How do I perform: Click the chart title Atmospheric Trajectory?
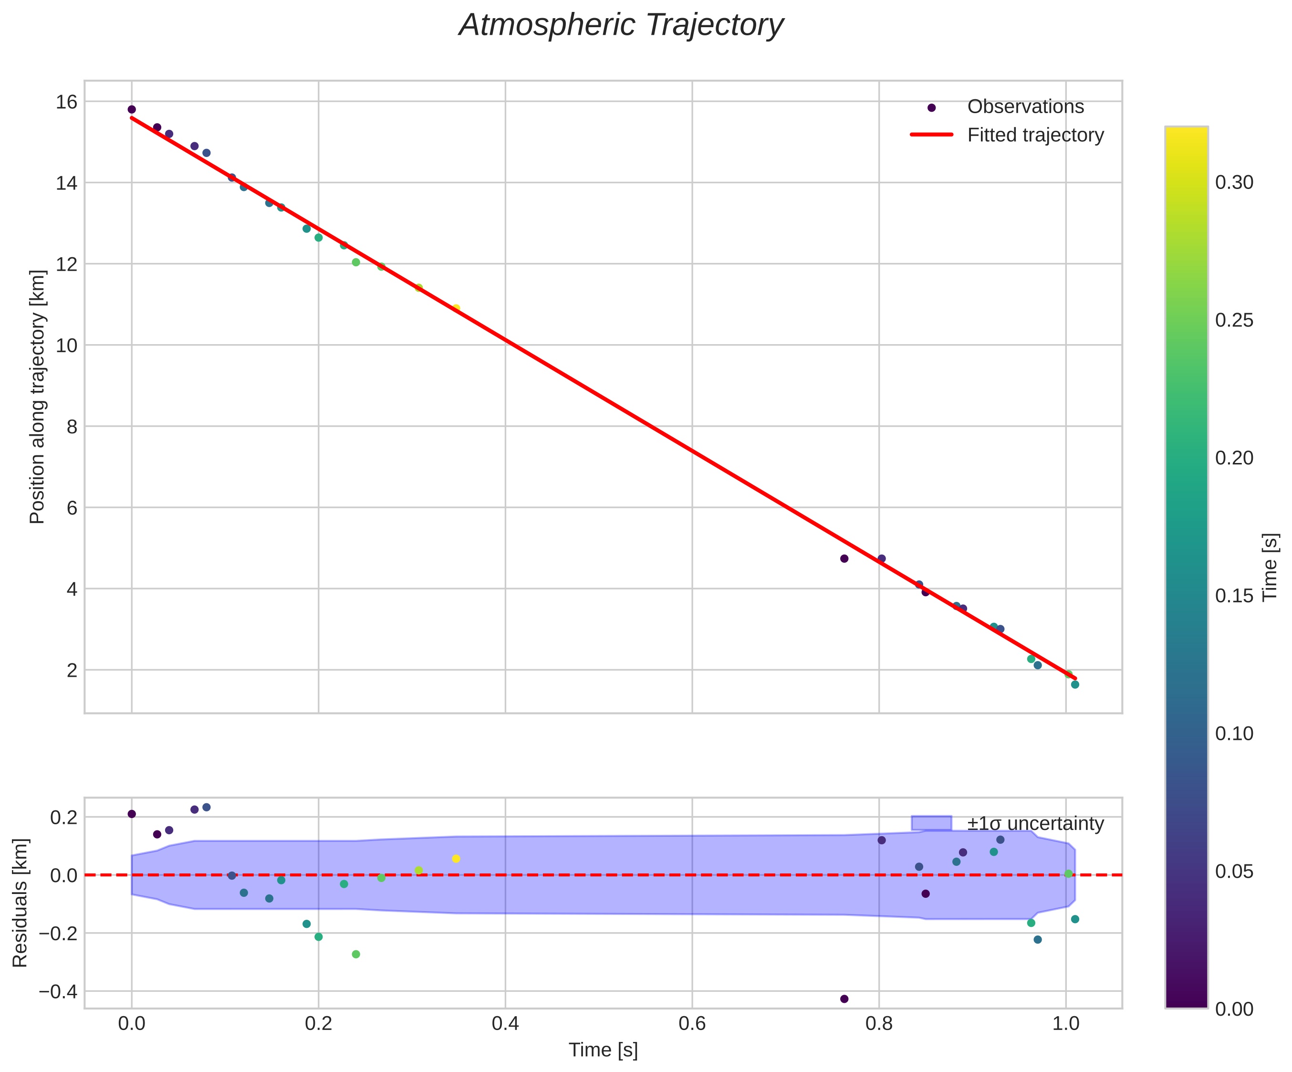click(621, 26)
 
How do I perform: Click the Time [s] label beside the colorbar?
click(1271, 567)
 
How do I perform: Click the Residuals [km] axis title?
click(21, 902)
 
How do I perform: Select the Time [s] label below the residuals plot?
click(603, 1050)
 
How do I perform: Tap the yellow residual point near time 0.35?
click(456, 859)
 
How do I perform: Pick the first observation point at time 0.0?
click(132, 109)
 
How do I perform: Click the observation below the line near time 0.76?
click(844, 558)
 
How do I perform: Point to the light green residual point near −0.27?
click(355, 954)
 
